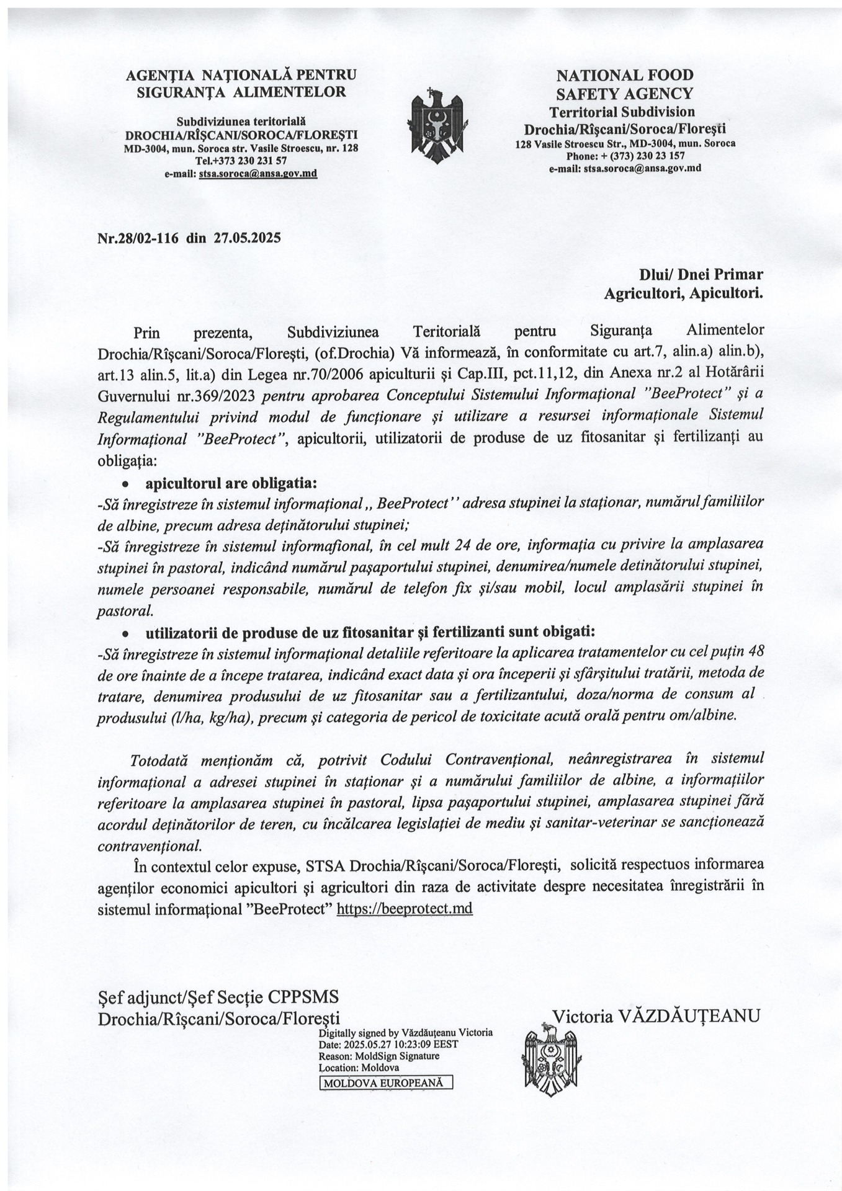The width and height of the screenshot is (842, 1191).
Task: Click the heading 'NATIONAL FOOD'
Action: (624, 76)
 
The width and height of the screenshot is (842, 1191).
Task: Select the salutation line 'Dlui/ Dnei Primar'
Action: (701, 274)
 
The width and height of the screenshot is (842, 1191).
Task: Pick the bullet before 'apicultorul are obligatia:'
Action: (125, 483)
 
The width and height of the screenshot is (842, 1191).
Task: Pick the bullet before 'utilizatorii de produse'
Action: (125, 633)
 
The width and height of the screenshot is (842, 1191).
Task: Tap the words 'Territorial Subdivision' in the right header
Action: (622, 112)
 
